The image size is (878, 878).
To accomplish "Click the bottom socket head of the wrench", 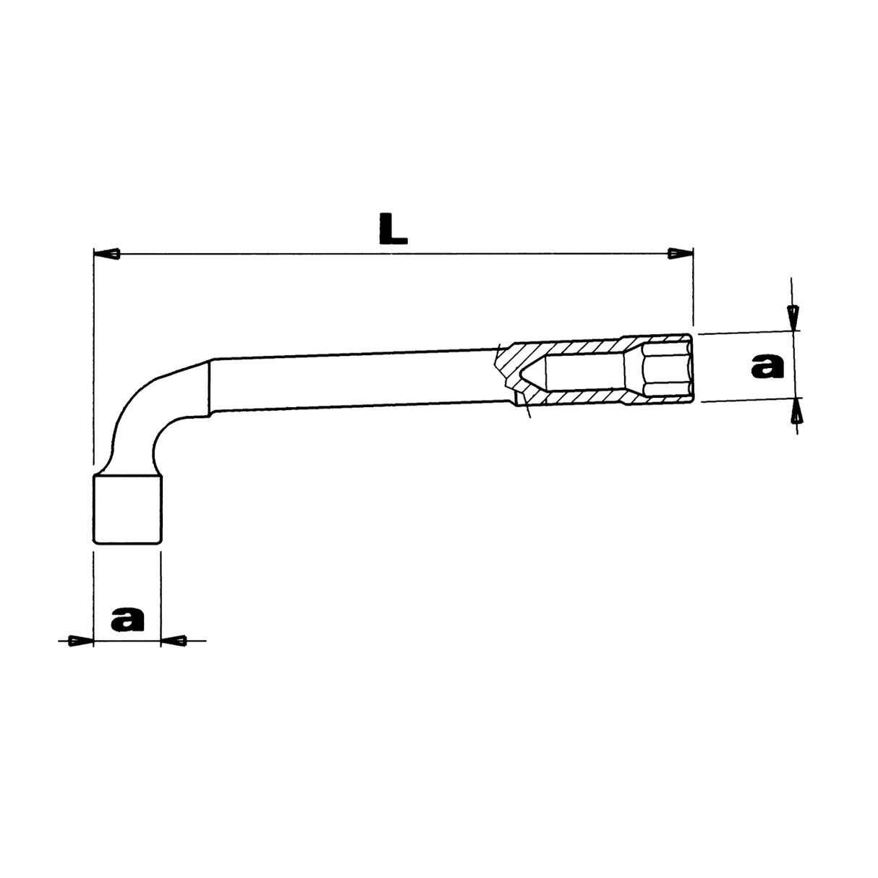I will click(x=127, y=509).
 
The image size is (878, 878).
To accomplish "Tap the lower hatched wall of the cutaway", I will click(x=579, y=399).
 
